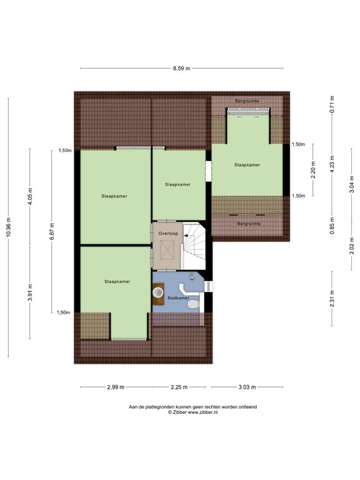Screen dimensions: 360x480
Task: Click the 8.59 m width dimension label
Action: click(181, 68)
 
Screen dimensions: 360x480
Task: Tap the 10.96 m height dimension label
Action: click(9, 227)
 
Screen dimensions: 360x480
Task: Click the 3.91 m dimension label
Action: click(30, 292)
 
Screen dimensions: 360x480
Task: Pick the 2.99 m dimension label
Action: click(116, 387)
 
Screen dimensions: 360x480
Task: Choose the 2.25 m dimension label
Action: click(179, 387)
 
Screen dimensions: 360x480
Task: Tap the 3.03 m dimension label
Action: click(247, 387)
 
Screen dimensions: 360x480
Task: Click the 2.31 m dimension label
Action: click(332, 299)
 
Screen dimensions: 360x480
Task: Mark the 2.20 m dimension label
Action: click(313, 170)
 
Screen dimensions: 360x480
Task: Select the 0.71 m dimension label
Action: click(332, 104)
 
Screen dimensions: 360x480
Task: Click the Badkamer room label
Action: click(179, 298)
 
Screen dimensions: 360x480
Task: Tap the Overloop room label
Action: click(168, 234)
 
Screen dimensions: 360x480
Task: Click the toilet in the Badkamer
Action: click(194, 304)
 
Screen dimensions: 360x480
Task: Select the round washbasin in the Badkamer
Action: click(158, 292)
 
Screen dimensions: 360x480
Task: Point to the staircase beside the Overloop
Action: click(194, 246)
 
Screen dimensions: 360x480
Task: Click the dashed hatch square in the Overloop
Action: click(167, 250)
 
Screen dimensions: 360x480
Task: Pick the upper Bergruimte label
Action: click(247, 101)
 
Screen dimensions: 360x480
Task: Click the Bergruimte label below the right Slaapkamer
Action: click(249, 224)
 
